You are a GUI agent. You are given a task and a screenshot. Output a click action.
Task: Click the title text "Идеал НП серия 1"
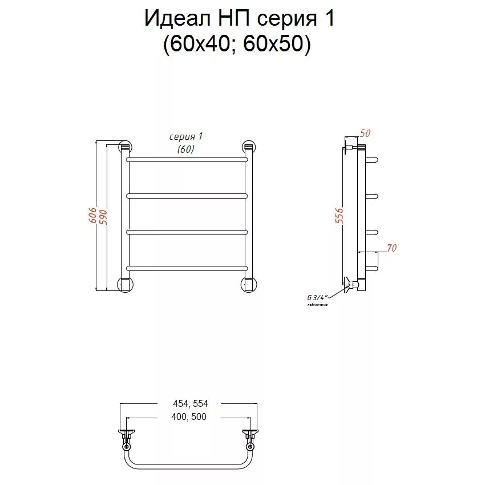[x=239, y=18]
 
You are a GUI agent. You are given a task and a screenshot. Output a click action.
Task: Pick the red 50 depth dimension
[x=365, y=134]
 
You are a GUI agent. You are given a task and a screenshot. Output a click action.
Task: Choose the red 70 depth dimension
[x=391, y=248]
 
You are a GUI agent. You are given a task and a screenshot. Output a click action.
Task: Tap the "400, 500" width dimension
[x=188, y=417]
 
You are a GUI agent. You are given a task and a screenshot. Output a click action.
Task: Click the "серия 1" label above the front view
[x=186, y=136]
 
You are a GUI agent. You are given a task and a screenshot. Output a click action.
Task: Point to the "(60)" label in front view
[x=186, y=149]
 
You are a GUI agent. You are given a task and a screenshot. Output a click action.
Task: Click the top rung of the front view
[x=187, y=160]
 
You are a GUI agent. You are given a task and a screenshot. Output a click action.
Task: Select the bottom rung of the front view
[x=187, y=268]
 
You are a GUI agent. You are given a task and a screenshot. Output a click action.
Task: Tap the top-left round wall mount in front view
[x=124, y=147]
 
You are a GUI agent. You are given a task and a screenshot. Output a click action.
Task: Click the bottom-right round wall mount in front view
[x=249, y=284]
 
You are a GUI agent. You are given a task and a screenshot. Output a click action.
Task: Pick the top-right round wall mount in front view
[x=249, y=147]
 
